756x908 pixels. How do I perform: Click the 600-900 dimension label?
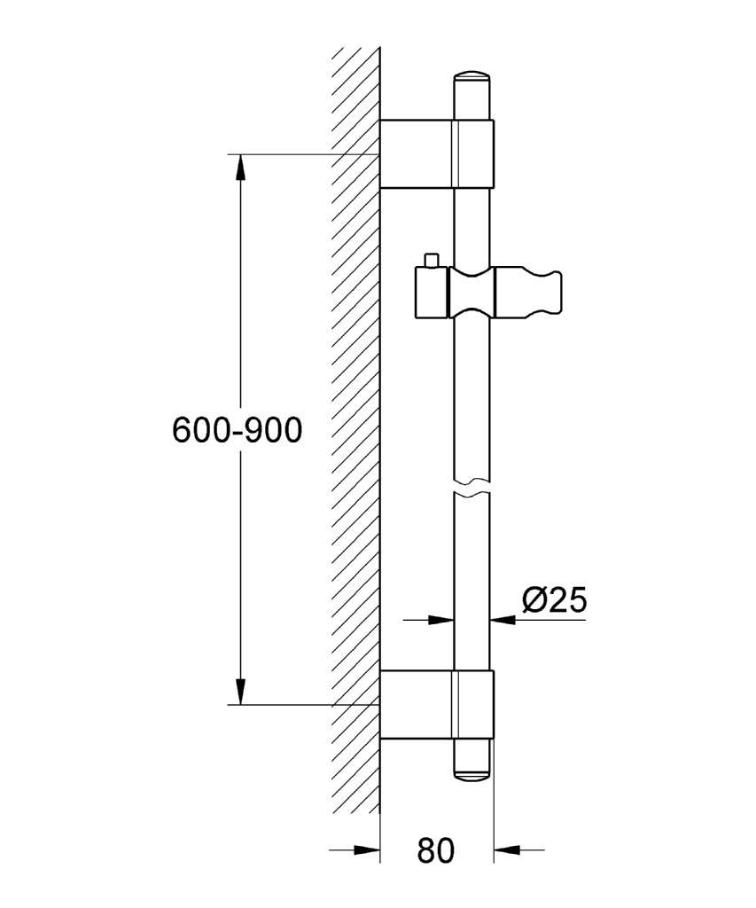[238, 430]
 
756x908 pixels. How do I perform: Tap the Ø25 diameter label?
[554, 600]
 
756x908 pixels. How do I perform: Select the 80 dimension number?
[436, 850]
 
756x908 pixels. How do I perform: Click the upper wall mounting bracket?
[437, 154]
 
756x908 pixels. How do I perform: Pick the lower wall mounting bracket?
[437, 705]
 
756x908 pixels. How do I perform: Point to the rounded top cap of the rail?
[472, 79]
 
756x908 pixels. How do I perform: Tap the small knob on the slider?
[431, 260]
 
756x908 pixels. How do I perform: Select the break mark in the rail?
[472, 488]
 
